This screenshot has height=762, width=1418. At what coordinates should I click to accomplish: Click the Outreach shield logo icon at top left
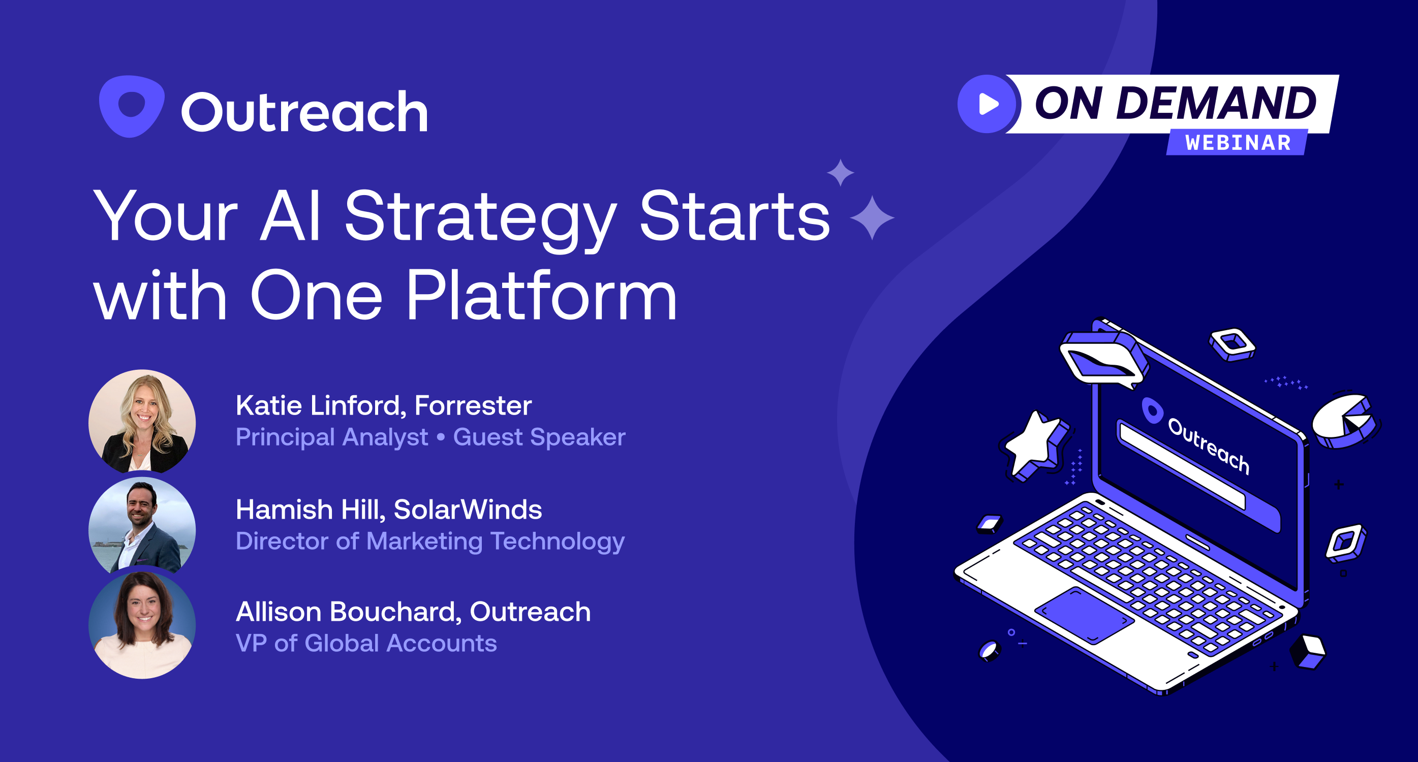tap(132, 106)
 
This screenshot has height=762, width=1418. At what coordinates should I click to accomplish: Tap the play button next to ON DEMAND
tap(988, 104)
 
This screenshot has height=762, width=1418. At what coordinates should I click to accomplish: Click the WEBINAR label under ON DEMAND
tap(1238, 143)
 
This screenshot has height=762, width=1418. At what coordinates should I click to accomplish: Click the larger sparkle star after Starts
tap(872, 218)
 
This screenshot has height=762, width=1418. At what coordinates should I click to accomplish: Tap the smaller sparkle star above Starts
tap(841, 173)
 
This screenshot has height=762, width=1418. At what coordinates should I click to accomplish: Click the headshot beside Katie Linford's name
tap(142, 422)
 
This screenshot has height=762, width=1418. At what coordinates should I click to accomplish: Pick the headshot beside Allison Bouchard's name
tap(142, 625)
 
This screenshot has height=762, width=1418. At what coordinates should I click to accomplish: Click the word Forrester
tap(473, 405)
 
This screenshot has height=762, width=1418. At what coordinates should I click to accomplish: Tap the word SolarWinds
tap(468, 510)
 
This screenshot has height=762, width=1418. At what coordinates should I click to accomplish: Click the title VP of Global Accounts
tap(366, 643)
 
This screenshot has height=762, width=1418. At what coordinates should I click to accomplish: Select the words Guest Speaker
tap(539, 437)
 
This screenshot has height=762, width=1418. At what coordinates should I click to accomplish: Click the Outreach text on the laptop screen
tap(1208, 446)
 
